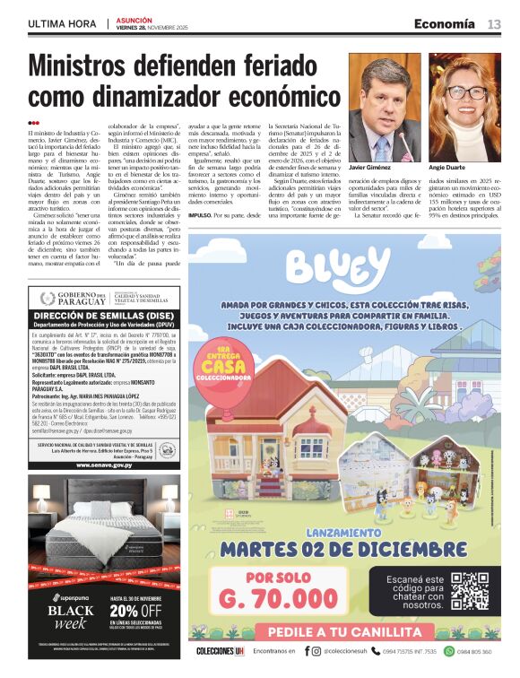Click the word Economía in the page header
click(444, 23)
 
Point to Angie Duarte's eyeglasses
click(465, 91)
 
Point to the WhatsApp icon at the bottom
click(449, 651)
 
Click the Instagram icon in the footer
click(315, 651)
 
